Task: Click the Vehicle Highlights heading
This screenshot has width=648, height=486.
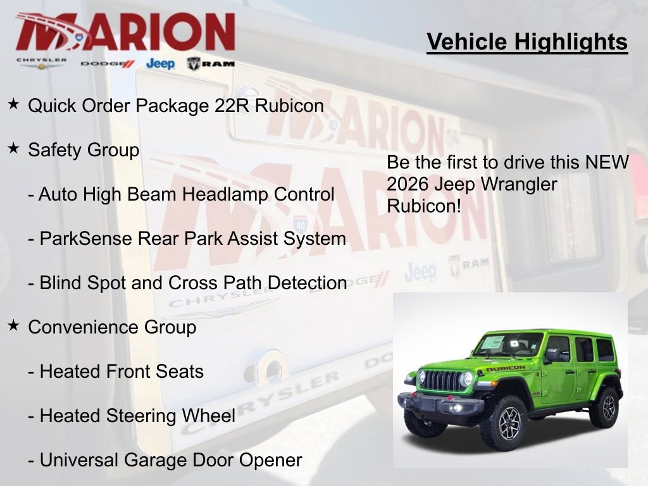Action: coord(527,42)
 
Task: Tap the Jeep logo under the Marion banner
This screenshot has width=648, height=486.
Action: coord(160,63)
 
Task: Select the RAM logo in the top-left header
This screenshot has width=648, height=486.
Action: coord(211,63)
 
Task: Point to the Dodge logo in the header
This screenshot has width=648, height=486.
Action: coord(108,64)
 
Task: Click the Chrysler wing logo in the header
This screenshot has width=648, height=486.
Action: coord(41,63)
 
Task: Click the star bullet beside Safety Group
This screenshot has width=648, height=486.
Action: coord(13,149)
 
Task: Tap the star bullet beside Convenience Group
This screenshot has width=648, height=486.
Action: coord(13,326)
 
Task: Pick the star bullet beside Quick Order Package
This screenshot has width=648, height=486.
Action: coord(13,104)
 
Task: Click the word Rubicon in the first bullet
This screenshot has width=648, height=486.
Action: coord(289,106)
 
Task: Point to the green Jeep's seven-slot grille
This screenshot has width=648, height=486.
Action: coord(442,380)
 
